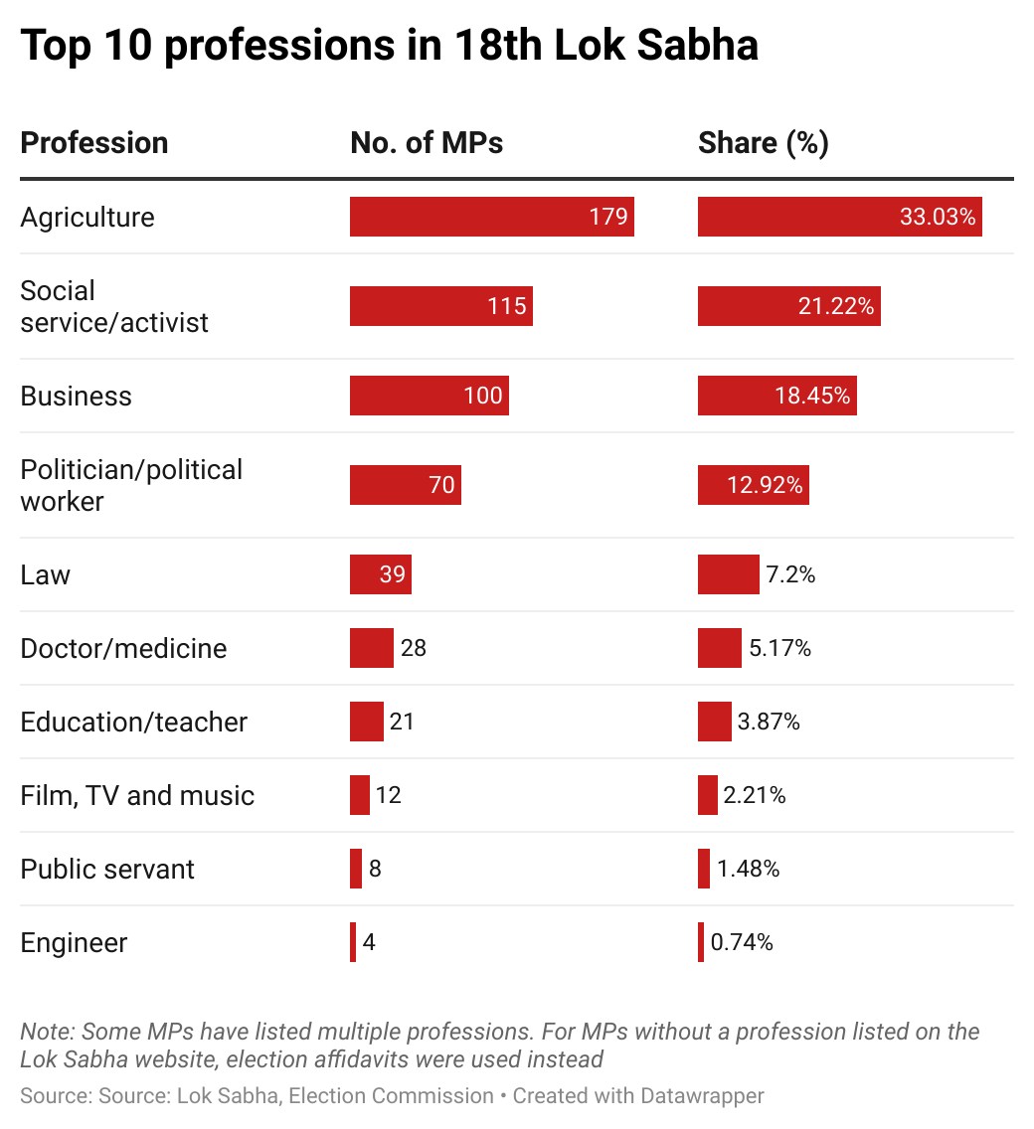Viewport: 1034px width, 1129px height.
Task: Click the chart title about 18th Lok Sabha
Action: pyautogui.click(x=389, y=47)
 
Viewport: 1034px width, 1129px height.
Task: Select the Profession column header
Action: pyautogui.click(x=94, y=143)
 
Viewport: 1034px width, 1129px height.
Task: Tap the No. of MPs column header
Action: pyautogui.click(x=427, y=143)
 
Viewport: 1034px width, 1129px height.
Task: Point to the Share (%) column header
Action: pyautogui.click(x=763, y=143)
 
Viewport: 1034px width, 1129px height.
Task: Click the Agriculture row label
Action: pyautogui.click(x=87, y=217)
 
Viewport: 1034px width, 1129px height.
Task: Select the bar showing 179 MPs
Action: pyautogui.click(x=491, y=217)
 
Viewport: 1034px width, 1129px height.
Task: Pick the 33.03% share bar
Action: pyautogui.click(x=839, y=217)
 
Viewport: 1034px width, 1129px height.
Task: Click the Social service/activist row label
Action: pyautogui.click(x=114, y=306)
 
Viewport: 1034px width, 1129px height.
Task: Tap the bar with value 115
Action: pyautogui.click(x=440, y=306)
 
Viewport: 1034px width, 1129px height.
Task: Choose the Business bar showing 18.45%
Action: pyautogui.click(x=776, y=396)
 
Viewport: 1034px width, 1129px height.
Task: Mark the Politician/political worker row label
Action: pyautogui.click(x=131, y=485)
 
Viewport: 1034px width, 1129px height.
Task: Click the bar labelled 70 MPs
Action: pyautogui.click(x=405, y=485)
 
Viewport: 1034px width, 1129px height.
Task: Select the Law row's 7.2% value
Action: pyautogui.click(x=790, y=574)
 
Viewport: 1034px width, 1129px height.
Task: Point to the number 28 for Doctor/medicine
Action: pyautogui.click(x=413, y=648)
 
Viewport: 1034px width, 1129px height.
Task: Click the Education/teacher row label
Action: pyautogui.click(x=133, y=722)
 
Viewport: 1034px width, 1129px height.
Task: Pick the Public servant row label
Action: pyautogui.click(x=107, y=869)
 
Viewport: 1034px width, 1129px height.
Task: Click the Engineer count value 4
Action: pyautogui.click(x=369, y=942)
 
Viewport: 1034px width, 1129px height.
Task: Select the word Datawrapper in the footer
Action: pyautogui.click(x=702, y=1096)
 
